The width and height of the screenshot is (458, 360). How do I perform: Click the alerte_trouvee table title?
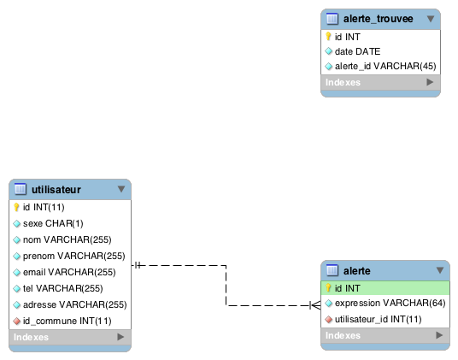[x=378, y=19]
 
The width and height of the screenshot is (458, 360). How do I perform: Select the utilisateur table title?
[x=56, y=190]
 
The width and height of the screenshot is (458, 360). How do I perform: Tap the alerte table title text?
[x=356, y=271]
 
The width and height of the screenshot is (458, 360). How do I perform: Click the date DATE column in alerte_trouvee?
[x=357, y=51]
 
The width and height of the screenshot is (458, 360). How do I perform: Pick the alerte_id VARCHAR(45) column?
[x=385, y=67]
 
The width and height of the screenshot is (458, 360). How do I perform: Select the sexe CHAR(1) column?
[x=53, y=223]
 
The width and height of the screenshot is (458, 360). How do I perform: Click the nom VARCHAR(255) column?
[x=68, y=240]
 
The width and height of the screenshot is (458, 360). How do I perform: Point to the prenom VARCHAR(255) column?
[x=73, y=257]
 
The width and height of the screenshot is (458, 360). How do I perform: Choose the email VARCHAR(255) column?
[x=69, y=272]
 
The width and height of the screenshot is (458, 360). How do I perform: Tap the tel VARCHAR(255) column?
[x=62, y=289]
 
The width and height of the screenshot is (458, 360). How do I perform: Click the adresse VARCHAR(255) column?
[x=75, y=304]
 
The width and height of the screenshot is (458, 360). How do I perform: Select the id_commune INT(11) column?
[x=68, y=322]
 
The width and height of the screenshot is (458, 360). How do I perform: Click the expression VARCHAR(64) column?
[x=390, y=304]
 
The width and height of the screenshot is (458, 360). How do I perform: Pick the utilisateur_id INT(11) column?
[x=378, y=320]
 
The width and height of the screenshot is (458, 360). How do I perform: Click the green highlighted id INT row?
[x=385, y=288]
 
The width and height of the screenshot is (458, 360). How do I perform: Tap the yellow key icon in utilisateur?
[x=16, y=207]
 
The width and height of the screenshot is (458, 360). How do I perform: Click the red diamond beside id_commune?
[x=17, y=322]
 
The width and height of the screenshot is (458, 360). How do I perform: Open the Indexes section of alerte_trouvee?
[x=380, y=82]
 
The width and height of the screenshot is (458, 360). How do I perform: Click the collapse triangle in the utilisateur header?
[x=121, y=189]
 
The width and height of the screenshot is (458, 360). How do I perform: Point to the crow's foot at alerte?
[x=315, y=305]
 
